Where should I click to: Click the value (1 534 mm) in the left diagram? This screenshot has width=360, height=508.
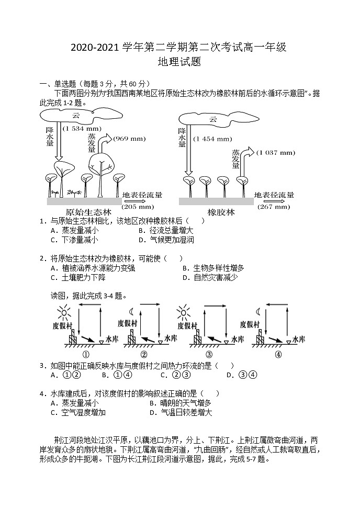(x=82, y=128)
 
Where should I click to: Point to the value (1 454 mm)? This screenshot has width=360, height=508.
(x=212, y=139)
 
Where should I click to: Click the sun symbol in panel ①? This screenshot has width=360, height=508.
(x=64, y=313)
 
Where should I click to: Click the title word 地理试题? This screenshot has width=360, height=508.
(x=179, y=62)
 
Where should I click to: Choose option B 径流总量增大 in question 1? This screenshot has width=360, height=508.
(x=166, y=230)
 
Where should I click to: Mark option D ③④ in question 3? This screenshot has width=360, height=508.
(x=241, y=375)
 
